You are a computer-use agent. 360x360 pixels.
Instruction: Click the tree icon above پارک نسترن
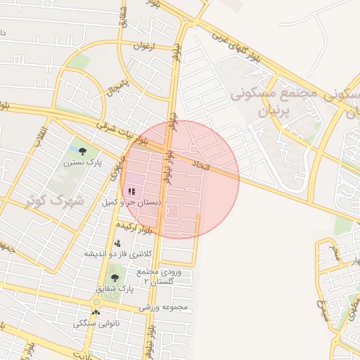[83, 150]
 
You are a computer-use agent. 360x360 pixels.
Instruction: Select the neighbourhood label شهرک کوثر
[54, 200]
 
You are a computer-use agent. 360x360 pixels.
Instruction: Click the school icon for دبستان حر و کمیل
[131, 191]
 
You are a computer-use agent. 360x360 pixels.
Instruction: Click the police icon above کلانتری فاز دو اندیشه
[117, 243]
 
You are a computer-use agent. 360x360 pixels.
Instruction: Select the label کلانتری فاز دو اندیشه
[117, 253]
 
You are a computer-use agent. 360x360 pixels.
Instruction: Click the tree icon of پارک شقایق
[115, 278]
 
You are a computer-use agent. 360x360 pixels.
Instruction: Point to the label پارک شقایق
[115, 289]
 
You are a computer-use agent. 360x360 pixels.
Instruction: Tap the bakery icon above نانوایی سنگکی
[96, 312]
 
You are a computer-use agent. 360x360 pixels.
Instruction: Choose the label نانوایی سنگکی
[97, 323]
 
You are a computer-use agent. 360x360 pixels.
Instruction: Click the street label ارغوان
[143, 46]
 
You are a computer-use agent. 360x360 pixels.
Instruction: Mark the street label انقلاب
[43, 136]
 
